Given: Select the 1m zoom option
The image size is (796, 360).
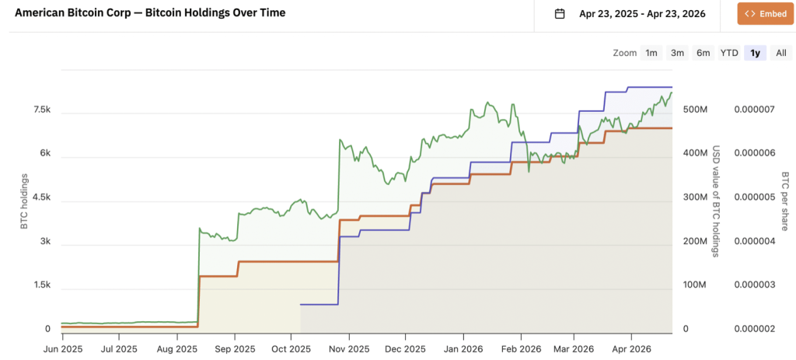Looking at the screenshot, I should pyautogui.click(x=651, y=53).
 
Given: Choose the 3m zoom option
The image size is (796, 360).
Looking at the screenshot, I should pyautogui.click(x=677, y=53).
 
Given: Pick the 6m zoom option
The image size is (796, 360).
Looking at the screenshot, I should pyautogui.click(x=703, y=53).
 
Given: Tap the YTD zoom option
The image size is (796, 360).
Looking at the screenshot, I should pyautogui.click(x=728, y=53).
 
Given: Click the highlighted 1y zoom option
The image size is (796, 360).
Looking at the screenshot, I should pyautogui.click(x=754, y=53).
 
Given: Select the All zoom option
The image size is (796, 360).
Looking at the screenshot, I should pyautogui.click(x=780, y=53).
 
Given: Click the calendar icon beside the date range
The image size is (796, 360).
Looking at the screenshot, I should pyautogui.click(x=559, y=13).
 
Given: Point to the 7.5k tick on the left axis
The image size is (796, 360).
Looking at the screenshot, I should pyautogui.click(x=41, y=110).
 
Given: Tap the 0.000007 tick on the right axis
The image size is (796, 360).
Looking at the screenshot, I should pyautogui.click(x=753, y=110).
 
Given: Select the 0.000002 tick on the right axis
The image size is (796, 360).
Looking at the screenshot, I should pyautogui.click(x=753, y=329).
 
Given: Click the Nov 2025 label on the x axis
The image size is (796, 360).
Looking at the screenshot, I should pyautogui.click(x=349, y=349).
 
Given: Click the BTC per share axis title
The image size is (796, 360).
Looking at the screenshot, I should pyautogui.click(x=785, y=201).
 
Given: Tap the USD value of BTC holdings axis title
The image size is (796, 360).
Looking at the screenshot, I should pyautogui.click(x=716, y=201).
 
